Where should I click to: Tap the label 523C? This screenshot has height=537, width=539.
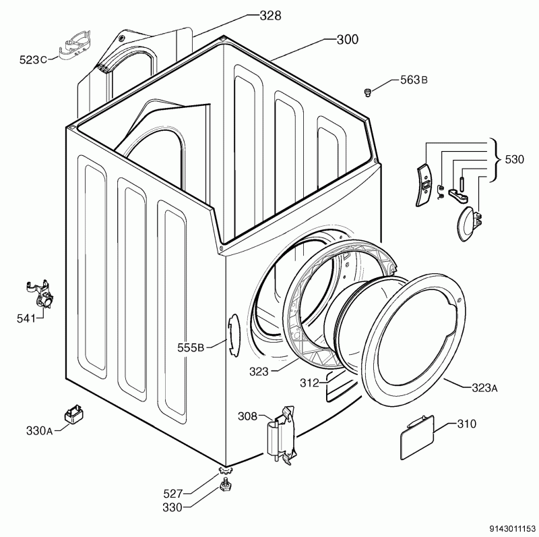[x=33, y=60]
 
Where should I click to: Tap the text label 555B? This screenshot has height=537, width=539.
[x=191, y=348]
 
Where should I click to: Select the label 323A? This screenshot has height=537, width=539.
[x=484, y=387]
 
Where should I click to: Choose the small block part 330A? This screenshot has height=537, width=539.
[x=73, y=414]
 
